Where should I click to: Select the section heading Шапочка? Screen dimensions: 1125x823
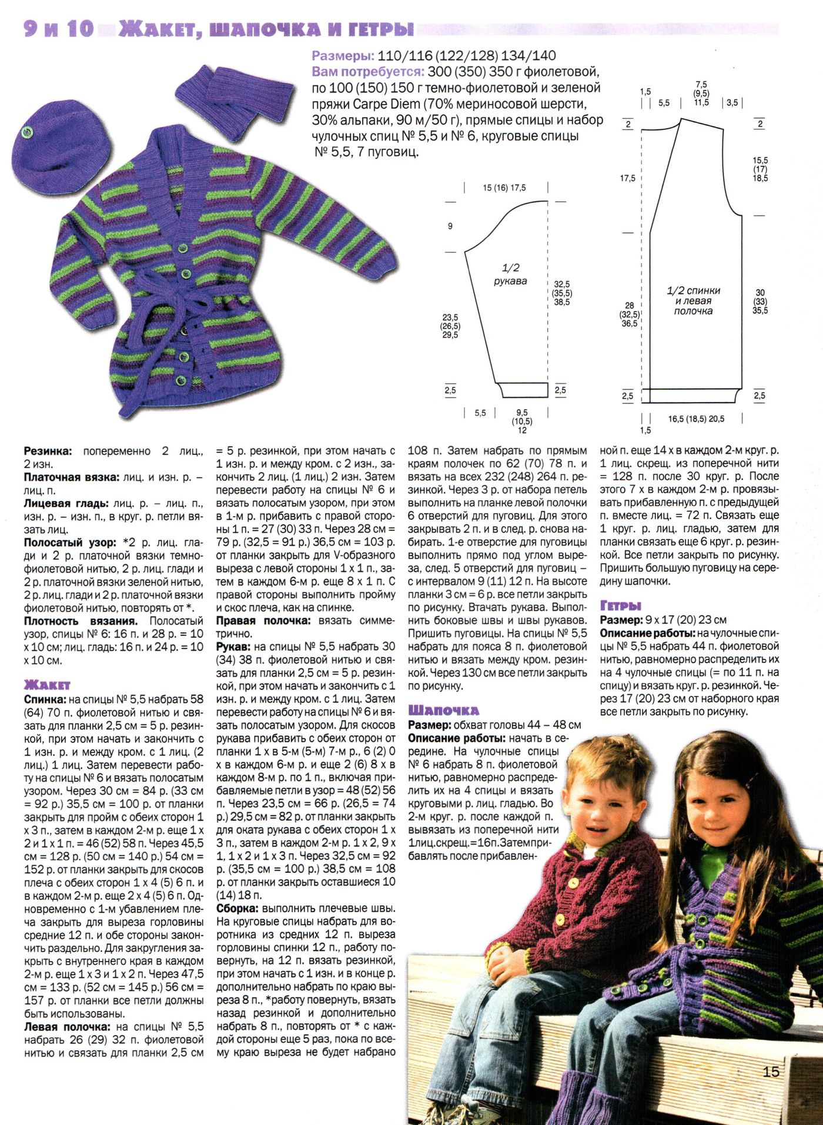pos(443,710)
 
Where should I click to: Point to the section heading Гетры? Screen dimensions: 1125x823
pos(620,605)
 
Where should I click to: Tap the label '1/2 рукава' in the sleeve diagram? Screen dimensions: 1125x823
pos(510,275)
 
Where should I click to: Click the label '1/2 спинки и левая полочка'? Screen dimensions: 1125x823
pos(693,300)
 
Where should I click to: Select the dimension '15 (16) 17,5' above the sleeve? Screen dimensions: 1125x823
pos(504,188)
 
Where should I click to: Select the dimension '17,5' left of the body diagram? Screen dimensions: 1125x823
pos(627,178)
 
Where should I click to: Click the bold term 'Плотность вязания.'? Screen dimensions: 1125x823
pos(81,621)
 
